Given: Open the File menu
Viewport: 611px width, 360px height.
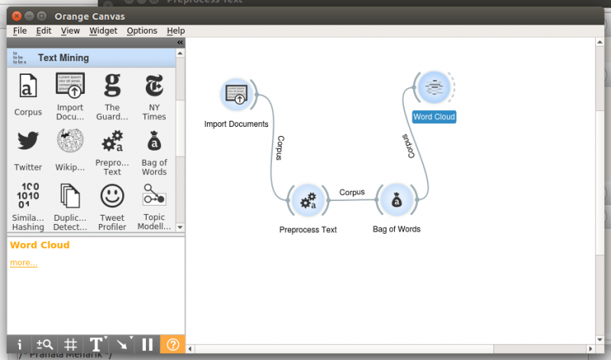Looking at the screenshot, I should coord(20,31).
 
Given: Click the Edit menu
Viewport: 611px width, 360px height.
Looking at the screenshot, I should coord(44,31).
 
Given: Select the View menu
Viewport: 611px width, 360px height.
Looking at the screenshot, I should coord(70,31).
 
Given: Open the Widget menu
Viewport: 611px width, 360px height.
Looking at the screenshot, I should coord(103,31).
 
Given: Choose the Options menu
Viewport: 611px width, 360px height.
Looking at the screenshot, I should coord(142,31).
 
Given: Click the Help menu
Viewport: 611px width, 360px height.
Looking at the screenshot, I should coord(176,31).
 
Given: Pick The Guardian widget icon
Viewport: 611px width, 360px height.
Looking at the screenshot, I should coord(112,85).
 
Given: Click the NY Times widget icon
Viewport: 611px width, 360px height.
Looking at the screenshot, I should coord(154,85).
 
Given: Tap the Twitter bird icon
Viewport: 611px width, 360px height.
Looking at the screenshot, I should coord(28,141).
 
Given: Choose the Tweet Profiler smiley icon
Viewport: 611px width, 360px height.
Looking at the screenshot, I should coord(112,196).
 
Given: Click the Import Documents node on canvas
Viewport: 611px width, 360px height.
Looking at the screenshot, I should coord(237,95).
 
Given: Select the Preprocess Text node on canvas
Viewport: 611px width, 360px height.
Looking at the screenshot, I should coord(308,201).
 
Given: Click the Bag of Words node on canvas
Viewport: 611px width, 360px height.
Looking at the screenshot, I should coord(396,201).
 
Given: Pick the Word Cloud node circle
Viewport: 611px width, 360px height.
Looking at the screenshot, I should coord(433,88).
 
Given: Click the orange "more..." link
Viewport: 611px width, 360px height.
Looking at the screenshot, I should coord(24,263).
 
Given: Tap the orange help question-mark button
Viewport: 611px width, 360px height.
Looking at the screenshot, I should coord(173,345).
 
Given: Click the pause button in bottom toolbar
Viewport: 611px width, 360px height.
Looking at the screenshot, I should coord(147,345).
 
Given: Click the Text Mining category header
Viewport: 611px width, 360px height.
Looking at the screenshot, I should coord(63,57).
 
